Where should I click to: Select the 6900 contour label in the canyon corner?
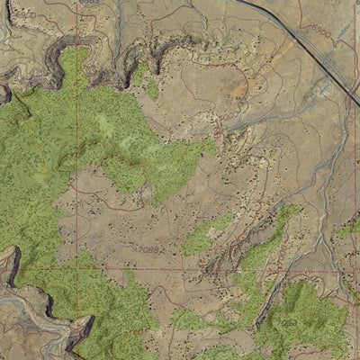(25, 15)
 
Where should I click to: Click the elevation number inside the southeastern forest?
(287, 321)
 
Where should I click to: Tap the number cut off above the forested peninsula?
(87, 3)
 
